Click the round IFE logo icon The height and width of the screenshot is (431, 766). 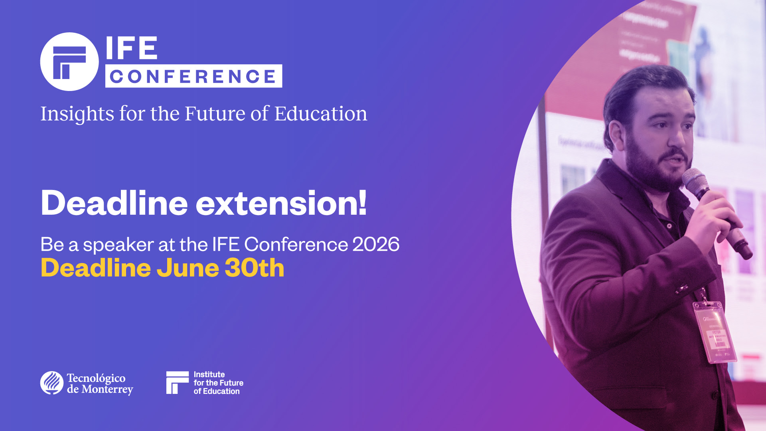point(69,62)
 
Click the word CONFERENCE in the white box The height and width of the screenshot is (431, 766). point(193,76)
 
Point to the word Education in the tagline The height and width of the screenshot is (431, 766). point(321,114)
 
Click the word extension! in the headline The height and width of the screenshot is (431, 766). point(281,203)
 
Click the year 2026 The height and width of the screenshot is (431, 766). point(376,244)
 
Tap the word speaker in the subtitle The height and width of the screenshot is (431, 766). point(118,245)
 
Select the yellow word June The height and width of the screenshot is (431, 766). point(188,268)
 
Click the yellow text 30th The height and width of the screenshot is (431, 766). point(255,268)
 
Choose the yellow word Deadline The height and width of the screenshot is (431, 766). point(96,268)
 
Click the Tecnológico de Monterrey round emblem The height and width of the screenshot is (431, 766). point(52,383)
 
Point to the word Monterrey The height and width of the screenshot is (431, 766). point(107,389)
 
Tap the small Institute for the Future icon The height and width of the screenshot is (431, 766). point(177,382)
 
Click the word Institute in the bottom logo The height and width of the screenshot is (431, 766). point(209,374)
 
